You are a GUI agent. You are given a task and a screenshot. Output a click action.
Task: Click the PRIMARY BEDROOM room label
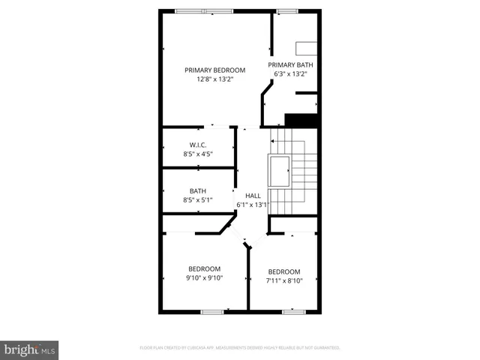(x=215, y=70)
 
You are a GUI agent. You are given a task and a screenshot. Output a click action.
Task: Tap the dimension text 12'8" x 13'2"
(x=215, y=79)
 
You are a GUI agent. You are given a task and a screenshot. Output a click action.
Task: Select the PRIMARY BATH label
(x=291, y=65)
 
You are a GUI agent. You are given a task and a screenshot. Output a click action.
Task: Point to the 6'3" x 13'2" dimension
(x=291, y=74)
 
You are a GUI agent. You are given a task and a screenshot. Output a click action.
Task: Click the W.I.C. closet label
(x=198, y=145)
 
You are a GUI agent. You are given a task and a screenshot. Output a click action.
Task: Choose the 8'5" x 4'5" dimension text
(x=198, y=154)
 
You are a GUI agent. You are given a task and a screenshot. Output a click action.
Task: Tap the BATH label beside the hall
(x=198, y=190)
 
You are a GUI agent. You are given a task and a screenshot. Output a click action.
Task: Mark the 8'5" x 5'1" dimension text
(x=198, y=199)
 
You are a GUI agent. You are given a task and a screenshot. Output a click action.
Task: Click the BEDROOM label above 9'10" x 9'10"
(x=204, y=268)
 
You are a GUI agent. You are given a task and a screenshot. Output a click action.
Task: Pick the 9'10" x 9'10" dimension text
(x=204, y=277)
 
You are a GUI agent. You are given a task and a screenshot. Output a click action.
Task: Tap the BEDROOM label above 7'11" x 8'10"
(x=283, y=271)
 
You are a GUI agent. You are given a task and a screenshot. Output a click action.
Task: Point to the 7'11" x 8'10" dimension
(x=283, y=280)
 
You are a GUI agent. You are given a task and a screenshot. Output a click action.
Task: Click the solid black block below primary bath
(x=302, y=120)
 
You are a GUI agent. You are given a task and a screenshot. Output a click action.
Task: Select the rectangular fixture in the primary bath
(x=307, y=49)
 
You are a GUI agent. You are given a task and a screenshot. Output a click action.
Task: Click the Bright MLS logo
(x=29, y=349)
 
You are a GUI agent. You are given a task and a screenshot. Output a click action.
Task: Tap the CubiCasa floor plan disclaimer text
(x=240, y=348)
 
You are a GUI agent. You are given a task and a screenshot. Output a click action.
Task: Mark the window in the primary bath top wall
(x=285, y=10)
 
